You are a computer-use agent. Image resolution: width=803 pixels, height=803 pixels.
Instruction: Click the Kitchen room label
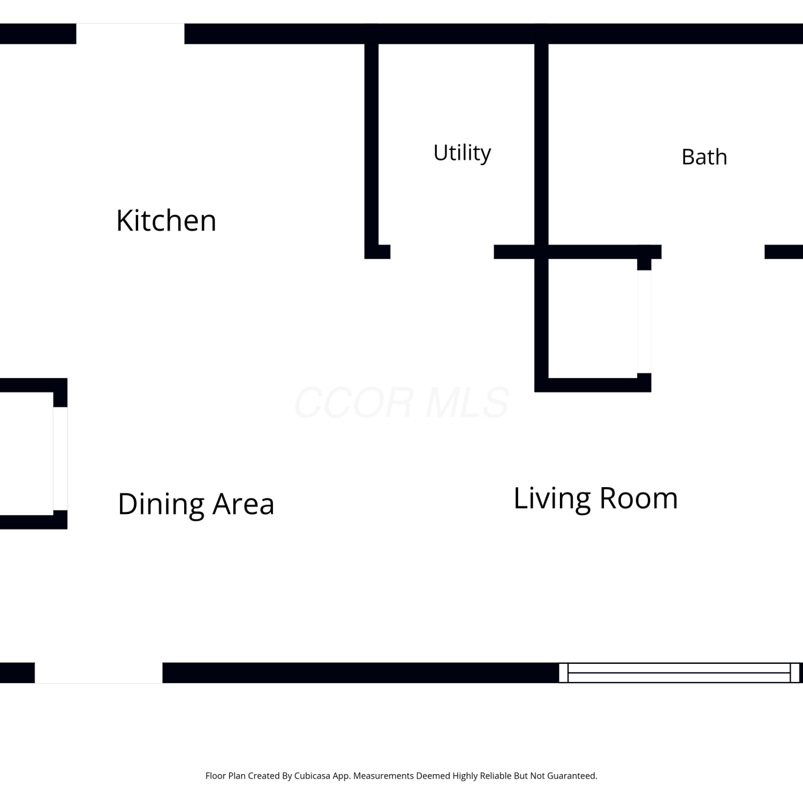coord(166,221)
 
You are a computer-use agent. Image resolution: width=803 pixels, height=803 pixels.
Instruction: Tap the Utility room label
coord(462,153)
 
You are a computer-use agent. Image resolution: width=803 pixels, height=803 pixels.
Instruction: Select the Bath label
coord(704,157)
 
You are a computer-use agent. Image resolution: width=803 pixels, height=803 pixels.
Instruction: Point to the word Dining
coord(161,504)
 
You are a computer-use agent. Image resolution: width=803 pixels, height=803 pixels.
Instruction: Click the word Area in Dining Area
coord(244,504)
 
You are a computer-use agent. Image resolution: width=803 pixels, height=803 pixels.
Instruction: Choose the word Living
coord(552,499)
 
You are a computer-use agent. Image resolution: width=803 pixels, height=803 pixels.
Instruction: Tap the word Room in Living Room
coord(639,499)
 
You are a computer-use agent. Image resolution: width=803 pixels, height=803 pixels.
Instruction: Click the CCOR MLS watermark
coord(401,403)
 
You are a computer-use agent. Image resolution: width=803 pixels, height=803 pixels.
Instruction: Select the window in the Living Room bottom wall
coord(679,673)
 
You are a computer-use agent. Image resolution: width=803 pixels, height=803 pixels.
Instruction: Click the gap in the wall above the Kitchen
coord(131,34)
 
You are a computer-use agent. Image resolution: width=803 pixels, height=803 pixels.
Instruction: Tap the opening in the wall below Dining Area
coord(99,673)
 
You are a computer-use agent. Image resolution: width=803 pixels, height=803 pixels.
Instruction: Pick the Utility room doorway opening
coord(442,252)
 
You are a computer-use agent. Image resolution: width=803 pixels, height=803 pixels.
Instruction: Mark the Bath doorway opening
coord(713,252)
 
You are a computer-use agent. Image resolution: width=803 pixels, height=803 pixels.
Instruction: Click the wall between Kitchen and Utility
coord(372,145)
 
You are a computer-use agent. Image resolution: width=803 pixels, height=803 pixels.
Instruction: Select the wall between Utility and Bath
coord(541,145)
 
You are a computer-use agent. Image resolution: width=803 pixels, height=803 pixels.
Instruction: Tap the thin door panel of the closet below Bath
coord(644,322)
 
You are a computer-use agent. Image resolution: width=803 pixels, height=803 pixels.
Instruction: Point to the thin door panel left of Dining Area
coord(60,459)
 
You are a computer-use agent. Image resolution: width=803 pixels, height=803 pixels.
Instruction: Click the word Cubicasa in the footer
coord(312,776)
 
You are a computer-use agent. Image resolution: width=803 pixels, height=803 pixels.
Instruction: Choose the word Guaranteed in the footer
coord(572,776)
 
